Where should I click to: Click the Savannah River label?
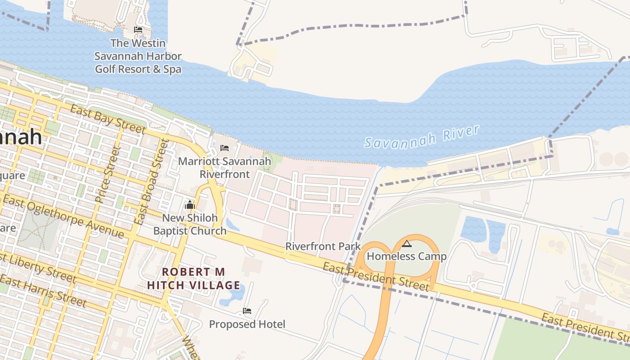[x=422, y=136]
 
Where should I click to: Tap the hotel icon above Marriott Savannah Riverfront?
[x=224, y=148]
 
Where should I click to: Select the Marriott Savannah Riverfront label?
[x=225, y=167]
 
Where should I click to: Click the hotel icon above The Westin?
[x=138, y=30]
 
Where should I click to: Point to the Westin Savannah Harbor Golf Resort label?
[x=138, y=56]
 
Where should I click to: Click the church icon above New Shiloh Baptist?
[x=189, y=205]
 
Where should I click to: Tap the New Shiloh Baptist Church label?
[x=190, y=224]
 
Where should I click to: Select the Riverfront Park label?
[x=323, y=246]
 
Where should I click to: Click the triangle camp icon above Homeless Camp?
[x=407, y=244]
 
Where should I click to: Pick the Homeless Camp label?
[x=407, y=256]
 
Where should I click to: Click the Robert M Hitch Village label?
[x=193, y=279]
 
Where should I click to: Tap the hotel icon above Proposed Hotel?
[x=247, y=311]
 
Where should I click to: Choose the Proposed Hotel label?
[x=247, y=324]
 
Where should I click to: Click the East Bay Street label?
[x=108, y=119]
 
